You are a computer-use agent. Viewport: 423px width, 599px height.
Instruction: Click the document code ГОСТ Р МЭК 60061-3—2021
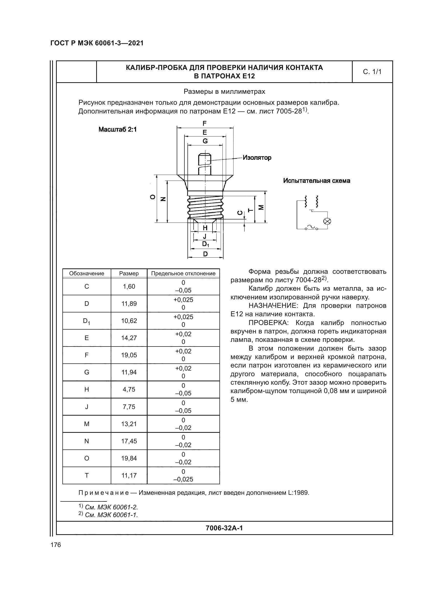[97, 43]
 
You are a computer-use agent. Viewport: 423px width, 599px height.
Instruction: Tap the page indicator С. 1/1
[372, 72]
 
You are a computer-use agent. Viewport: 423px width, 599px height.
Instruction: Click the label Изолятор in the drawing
[257, 157]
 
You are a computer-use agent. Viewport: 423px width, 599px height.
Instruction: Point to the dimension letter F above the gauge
[205, 123]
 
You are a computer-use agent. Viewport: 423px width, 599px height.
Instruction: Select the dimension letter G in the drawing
[205, 141]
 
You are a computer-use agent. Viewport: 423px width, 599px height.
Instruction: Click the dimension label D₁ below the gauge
[206, 245]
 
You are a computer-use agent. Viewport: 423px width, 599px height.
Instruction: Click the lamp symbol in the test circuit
[327, 221]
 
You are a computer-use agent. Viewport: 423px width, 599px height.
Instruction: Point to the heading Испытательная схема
[316, 181]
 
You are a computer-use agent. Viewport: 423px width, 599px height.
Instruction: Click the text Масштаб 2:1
[117, 129]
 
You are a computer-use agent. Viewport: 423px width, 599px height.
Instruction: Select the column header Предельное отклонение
[183, 274]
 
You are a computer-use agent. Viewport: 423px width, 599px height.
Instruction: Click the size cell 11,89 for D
[129, 303]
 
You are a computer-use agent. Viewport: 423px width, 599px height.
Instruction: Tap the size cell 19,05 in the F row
[129, 355]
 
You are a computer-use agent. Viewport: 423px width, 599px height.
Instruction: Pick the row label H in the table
[87, 389]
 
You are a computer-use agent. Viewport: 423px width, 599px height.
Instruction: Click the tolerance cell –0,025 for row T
[183, 479]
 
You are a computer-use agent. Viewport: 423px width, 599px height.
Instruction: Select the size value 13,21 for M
[129, 424]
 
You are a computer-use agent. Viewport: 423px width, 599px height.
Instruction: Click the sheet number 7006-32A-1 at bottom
[224, 528]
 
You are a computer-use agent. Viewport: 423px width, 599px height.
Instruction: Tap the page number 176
[56, 545]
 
